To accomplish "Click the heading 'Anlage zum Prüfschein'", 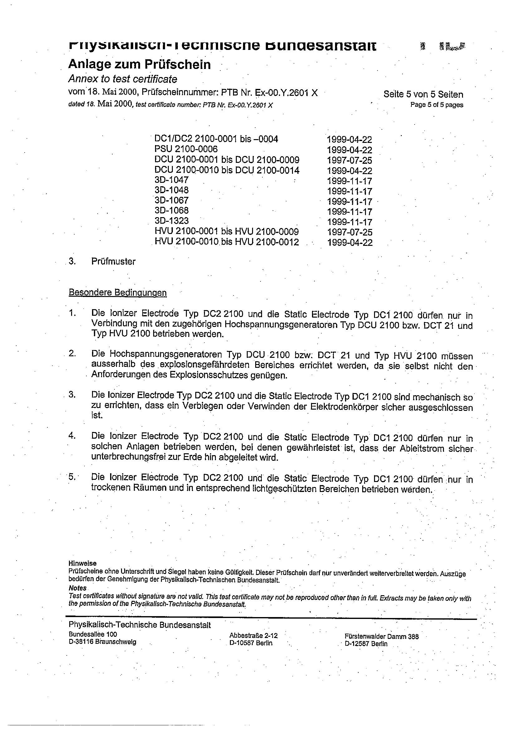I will [139, 65].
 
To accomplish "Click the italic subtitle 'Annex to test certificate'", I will [123, 79].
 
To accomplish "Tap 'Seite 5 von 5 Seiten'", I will [423, 95].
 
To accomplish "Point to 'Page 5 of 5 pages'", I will [436, 105].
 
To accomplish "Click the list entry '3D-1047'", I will [171, 180].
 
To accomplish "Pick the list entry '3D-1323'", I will [171, 221].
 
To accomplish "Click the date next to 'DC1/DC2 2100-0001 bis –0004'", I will [349, 139].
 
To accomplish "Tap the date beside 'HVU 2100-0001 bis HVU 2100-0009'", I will [350, 232].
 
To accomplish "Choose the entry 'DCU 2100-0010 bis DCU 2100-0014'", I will [227, 170].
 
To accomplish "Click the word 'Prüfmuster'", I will [113, 262].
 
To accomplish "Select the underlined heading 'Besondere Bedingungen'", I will [118, 293].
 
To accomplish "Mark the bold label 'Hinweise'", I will [82, 563].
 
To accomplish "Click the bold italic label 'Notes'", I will [77, 588].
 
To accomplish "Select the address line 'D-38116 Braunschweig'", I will [102, 642].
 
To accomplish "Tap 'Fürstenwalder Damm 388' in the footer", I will [382, 636].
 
